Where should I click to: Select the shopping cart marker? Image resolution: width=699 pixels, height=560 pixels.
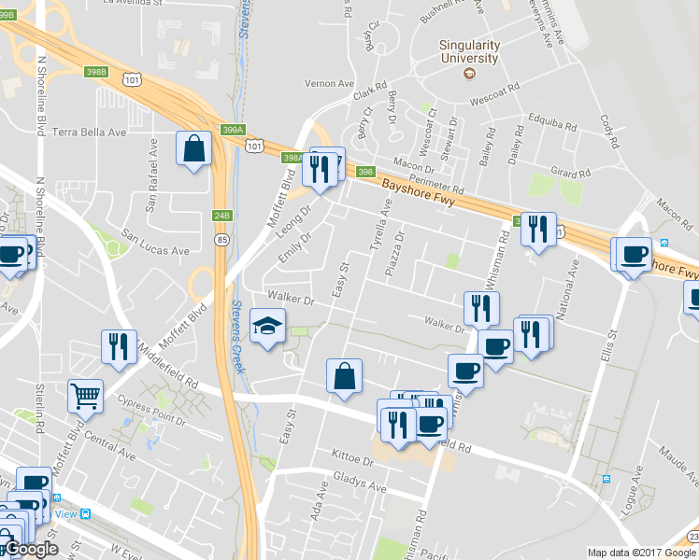click(85, 396)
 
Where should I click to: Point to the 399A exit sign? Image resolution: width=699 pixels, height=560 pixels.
click(234, 130)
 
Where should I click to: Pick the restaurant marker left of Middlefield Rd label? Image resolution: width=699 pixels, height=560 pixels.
click(119, 347)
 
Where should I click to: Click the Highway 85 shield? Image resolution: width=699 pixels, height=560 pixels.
click(218, 240)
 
